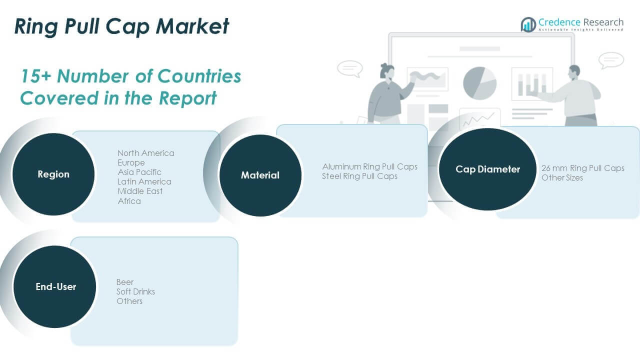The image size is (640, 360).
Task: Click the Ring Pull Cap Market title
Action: tap(121, 26)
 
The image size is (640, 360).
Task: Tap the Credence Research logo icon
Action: tap(528, 24)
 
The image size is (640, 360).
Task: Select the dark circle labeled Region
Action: tap(53, 174)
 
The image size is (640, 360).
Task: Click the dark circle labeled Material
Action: tap(260, 175)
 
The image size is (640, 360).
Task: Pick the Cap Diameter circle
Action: tap(487, 169)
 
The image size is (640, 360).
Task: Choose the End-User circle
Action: tap(55, 287)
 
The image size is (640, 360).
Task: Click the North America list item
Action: tap(146, 153)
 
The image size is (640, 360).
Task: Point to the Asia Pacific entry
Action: tap(139, 172)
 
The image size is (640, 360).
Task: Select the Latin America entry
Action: tap(144, 181)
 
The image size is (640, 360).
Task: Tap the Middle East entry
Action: tap(140, 191)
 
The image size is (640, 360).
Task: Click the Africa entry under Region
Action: tap(129, 201)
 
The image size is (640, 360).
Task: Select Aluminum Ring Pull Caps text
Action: tap(369, 166)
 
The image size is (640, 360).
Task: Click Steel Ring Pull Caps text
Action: tap(359, 176)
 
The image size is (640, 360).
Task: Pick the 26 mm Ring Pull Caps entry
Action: tap(583, 168)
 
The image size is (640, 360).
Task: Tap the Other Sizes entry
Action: tap(562, 177)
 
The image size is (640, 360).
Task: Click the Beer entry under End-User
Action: tap(125, 282)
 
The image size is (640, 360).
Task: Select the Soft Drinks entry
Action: tap(136, 291)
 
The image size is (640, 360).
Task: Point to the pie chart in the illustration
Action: tap(479, 82)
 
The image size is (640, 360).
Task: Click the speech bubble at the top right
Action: tap(611, 60)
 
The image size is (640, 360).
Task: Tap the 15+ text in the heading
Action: tap(36, 76)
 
